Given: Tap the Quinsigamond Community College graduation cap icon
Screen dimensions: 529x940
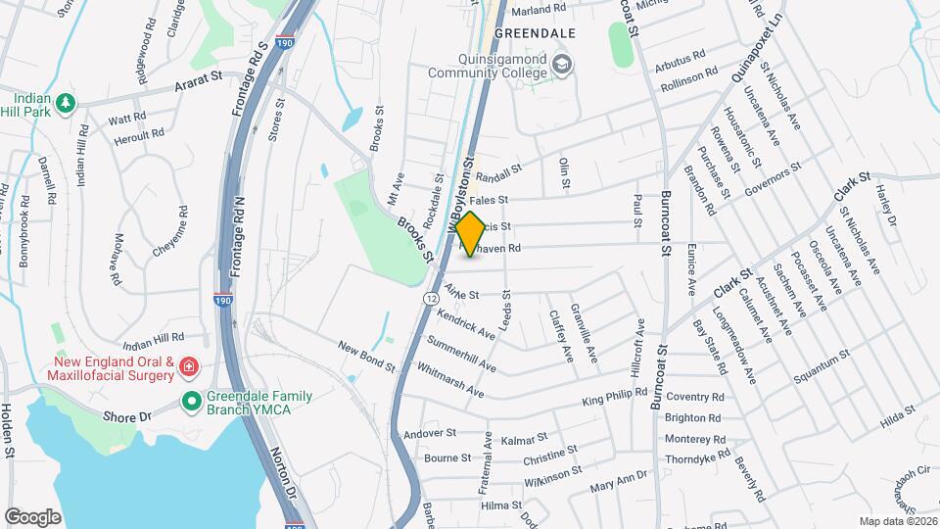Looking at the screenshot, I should (x=563, y=66).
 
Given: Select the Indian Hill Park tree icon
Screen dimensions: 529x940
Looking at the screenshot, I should (x=66, y=102).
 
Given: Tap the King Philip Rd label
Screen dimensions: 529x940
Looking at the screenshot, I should (x=615, y=397).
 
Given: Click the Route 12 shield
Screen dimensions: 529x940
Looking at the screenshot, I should (x=431, y=296).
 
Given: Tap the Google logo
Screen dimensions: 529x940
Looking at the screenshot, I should (x=33, y=515).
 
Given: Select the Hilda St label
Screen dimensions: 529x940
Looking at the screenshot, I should (x=896, y=416).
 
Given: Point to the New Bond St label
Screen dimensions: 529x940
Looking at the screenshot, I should (x=365, y=356).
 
